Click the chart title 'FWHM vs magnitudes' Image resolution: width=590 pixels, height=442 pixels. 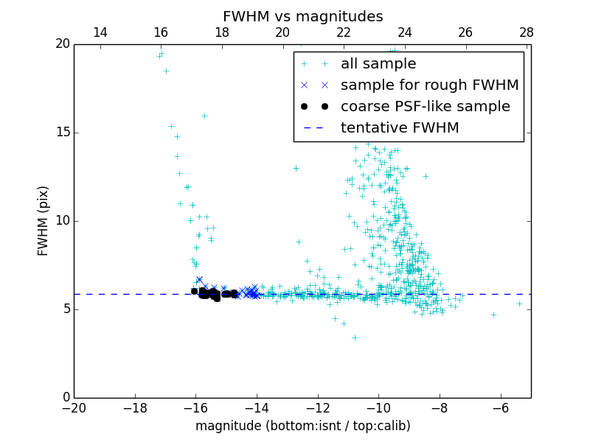(x=302, y=16)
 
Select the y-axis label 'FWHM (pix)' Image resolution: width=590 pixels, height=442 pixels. (x=44, y=221)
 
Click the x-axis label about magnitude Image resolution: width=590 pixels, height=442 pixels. (x=302, y=426)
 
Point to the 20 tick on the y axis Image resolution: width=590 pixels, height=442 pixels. (x=62, y=44)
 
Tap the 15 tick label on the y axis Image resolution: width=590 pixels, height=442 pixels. (x=62, y=133)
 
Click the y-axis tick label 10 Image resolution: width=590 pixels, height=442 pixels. (x=62, y=221)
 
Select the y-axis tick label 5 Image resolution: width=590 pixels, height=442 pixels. (x=65, y=309)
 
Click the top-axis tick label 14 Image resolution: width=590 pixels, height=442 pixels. (x=100, y=32)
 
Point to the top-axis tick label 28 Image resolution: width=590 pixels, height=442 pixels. (x=527, y=32)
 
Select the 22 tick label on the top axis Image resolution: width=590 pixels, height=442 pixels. (x=344, y=32)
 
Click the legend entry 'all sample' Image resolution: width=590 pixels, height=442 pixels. (x=378, y=64)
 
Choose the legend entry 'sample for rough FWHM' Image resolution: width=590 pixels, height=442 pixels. (x=429, y=85)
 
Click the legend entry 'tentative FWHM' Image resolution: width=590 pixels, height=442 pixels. (x=400, y=127)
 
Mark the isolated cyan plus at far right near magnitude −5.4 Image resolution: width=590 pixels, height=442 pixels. (x=519, y=304)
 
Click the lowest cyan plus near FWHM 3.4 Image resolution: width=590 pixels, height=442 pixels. (x=355, y=337)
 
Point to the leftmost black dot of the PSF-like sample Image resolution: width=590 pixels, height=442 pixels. (x=194, y=291)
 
